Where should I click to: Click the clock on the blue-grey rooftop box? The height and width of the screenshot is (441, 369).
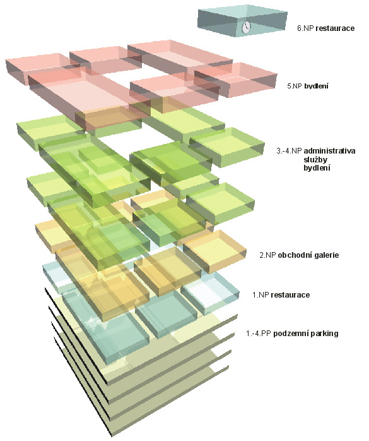coord(246,27)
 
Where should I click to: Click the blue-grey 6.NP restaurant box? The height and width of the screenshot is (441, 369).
coord(242,21)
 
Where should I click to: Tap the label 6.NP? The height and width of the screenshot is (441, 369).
coord(305,28)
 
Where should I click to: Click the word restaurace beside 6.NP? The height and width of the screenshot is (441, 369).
coord(335,28)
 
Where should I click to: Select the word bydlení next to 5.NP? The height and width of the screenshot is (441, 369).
coord(316,86)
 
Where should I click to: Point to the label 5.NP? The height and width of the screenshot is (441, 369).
coord(295,86)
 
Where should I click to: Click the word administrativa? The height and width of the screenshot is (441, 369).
coord(330,151)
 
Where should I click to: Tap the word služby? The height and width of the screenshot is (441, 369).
coord(315,159)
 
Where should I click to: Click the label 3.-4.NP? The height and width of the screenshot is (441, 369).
coord(289,151)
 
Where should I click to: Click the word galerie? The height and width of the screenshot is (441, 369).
coord(325,255)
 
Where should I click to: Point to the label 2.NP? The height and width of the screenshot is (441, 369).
coord(267,255)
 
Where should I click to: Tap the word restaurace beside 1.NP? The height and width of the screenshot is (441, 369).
coord(290,295)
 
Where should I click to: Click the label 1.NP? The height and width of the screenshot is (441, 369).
coord(261,295)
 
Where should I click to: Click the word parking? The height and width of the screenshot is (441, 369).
coord(322,334)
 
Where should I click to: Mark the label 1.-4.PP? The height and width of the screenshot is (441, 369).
coord(259,334)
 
